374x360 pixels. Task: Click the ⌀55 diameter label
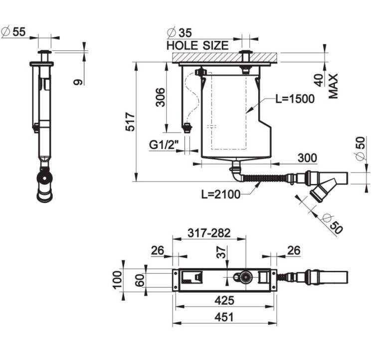point(13,32)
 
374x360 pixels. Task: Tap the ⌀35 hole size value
point(180,33)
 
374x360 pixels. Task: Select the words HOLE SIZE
point(197,45)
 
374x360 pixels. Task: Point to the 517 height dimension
point(130,122)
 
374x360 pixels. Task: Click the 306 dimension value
point(160,97)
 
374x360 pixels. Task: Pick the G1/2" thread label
point(164,145)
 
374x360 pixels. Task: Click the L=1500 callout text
point(295,99)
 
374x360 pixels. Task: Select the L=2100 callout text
point(221,194)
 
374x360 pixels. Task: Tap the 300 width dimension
point(308,158)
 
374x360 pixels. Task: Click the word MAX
point(333,86)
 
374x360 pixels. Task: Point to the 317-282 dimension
point(209,233)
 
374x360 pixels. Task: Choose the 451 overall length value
point(224,317)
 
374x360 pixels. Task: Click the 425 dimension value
point(224,300)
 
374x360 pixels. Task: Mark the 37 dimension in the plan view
point(221,252)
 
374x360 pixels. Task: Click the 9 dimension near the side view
point(78,82)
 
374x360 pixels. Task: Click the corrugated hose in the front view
point(264,178)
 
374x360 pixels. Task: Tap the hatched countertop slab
point(225,57)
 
